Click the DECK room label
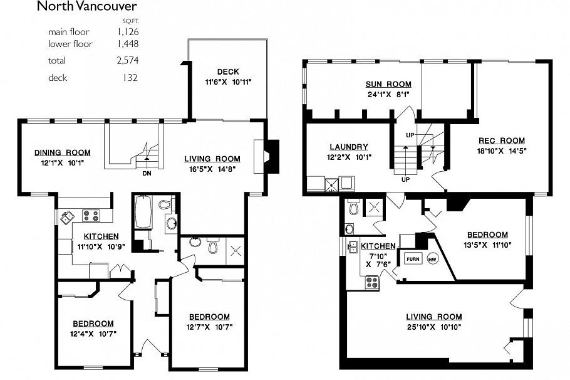pyautogui.click(x=228, y=71)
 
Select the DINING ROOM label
pyautogui.click(x=62, y=152)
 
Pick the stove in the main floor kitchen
pyautogui.click(x=91, y=216)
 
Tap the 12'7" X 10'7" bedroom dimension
pyautogui.click(x=209, y=327)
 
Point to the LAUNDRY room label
pyautogui.click(x=348, y=147)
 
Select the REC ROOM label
pyautogui.click(x=502, y=140)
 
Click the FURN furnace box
pyautogui.click(x=412, y=258)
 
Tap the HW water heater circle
pyautogui.click(x=432, y=258)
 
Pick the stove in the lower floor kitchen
pyautogui.click(x=372, y=282)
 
